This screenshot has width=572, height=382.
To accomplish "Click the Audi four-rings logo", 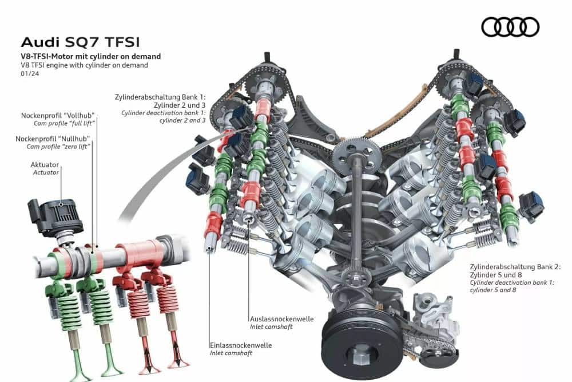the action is (510, 27).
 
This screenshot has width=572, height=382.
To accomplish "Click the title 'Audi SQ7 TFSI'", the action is (80, 42).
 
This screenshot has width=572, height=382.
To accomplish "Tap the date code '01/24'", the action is (30, 73).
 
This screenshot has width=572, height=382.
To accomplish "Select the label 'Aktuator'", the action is (45, 165).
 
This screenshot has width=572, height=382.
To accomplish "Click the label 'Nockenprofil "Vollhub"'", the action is (58, 116).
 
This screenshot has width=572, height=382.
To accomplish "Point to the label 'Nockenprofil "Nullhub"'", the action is (53, 139).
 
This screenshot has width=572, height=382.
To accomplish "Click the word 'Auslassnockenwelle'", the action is (281, 319).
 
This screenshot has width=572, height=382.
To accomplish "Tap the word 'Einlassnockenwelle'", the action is (241, 345).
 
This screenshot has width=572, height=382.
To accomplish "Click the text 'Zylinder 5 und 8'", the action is (496, 275).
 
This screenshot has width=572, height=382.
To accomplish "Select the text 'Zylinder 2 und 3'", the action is (180, 105).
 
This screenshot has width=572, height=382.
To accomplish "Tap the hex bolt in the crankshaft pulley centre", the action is (362, 355).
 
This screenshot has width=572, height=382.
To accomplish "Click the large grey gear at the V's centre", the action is (357, 155).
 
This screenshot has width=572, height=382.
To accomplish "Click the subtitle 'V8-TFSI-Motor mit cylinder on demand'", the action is (91, 56).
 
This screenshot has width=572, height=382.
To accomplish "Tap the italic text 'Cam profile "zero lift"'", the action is (58, 147).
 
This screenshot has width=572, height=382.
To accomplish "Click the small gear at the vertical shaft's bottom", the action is (356, 275).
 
